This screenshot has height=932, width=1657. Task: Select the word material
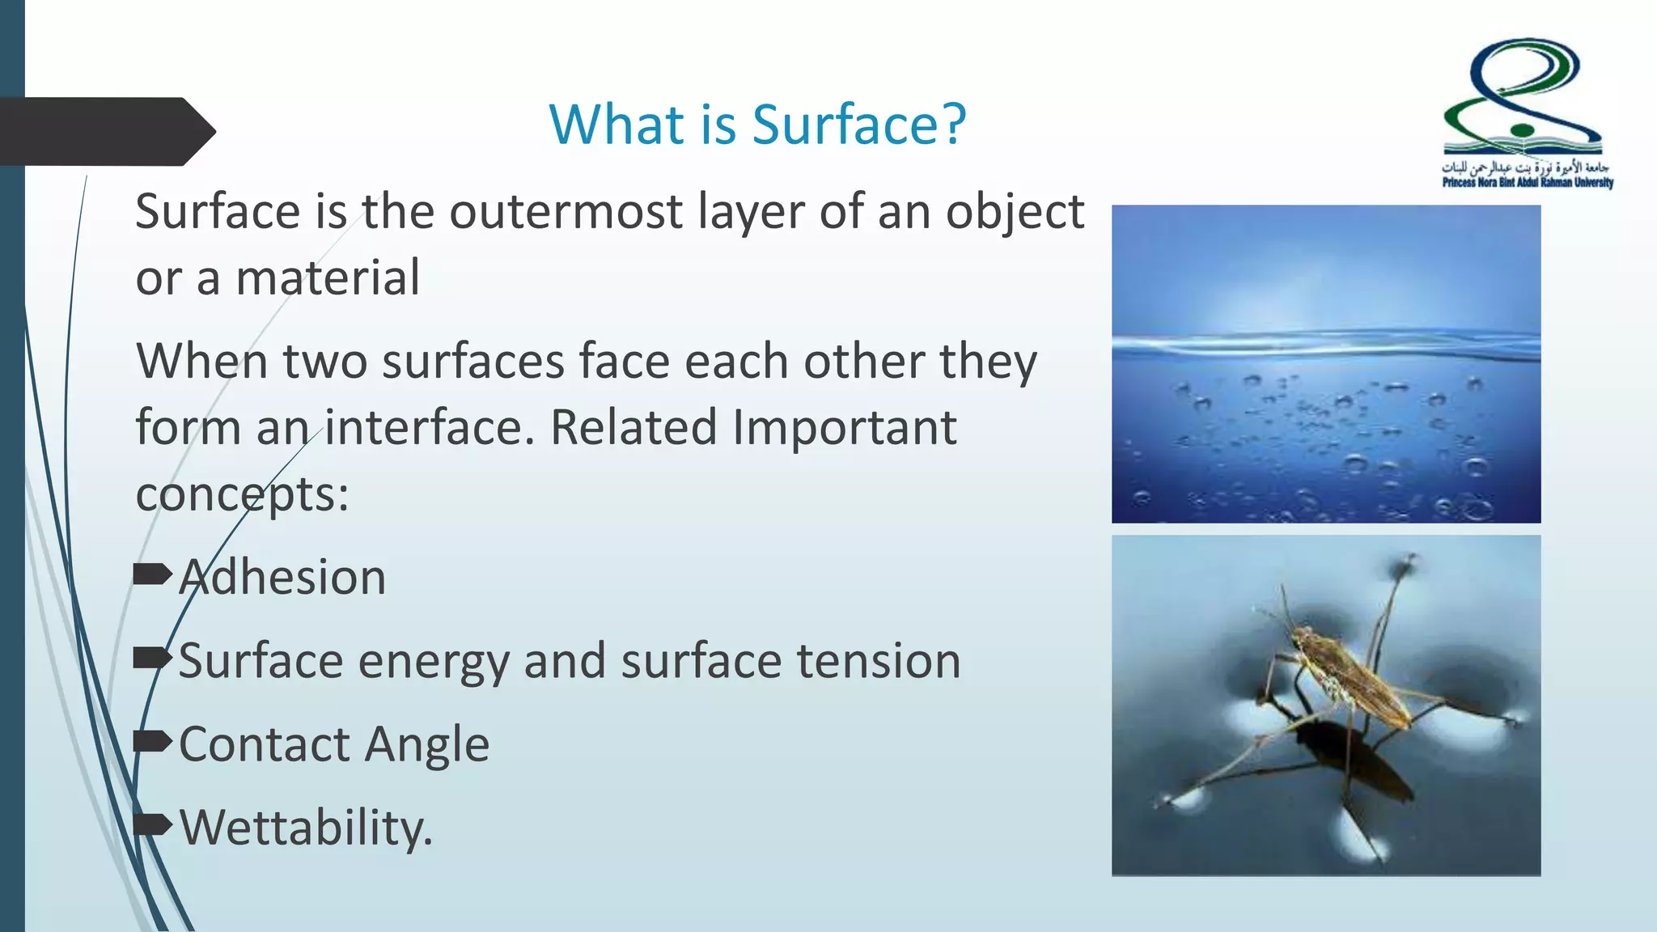pyautogui.click(x=328, y=278)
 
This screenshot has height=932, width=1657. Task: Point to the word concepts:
pyautogui.click(x=242, y=494)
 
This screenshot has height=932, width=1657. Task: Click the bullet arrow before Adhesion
pyautogui.click(x=152, y=575)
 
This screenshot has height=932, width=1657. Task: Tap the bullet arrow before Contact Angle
pyautogui.click(x=152, y=741)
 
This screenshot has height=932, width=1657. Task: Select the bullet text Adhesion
pyautogui.click(x=282, y=578)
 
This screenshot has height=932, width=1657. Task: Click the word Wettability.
pyautogui.click(x=306, y=828)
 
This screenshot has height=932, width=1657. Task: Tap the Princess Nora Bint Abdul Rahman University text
pyautogui.click(x=1528, y=183)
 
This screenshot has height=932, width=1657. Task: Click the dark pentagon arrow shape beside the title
pyautogui.click(x=105, y=132)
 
